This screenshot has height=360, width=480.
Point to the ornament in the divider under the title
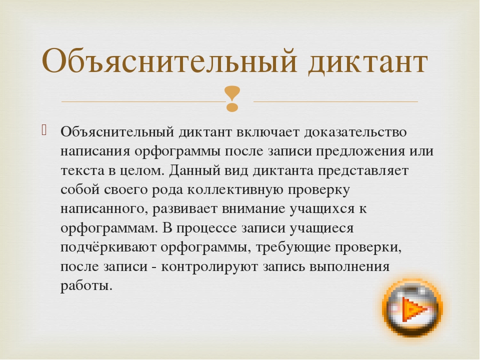pyautogui.click(x=232, y=98)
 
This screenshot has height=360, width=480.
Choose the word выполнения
pyautogui.click(x=349, y=267)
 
